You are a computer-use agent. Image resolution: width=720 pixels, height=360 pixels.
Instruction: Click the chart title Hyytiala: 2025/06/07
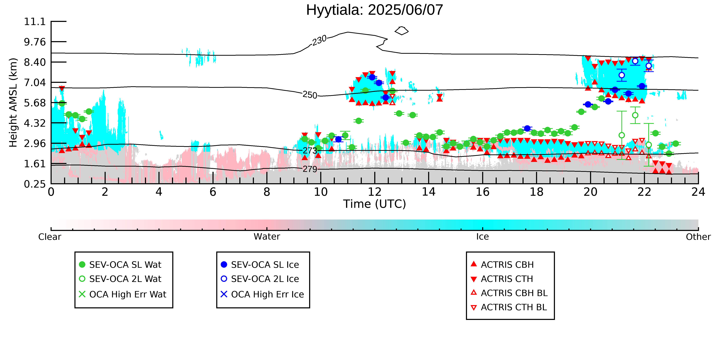click(x=375, y=10)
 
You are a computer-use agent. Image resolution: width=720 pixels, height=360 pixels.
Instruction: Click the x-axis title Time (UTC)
click(x=375, y=204)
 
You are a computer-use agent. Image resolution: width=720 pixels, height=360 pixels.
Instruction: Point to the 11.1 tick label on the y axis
click(x=35, y=21)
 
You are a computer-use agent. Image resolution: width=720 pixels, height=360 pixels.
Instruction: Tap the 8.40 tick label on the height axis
click(x=35, y=62)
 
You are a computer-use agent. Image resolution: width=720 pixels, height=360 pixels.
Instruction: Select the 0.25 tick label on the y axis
click(x=35, y=184)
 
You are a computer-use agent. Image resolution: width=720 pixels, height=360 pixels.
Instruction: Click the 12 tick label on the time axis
click(x=375, y=192)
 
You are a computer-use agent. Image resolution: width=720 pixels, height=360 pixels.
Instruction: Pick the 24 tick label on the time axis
click(x=698, y=192)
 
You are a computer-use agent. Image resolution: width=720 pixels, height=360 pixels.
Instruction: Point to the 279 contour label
click(x=310, y=169)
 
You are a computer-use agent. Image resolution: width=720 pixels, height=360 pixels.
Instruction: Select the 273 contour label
click(x=310, y=151)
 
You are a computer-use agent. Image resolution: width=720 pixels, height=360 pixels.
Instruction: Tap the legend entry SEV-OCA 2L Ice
click(x=260, y=279)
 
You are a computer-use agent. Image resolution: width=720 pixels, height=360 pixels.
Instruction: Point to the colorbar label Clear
click(x=50, y=237)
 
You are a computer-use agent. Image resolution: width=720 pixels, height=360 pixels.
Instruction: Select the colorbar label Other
click(x=698, y=237)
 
